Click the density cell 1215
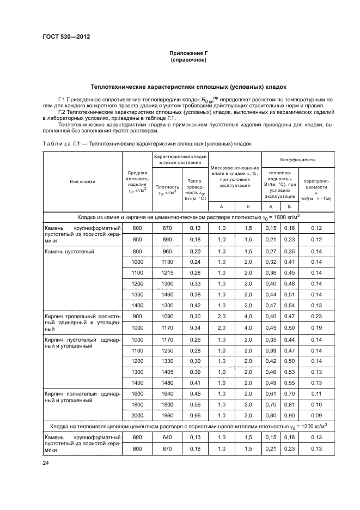(x=167, y=272)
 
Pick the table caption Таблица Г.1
(x=60, y=143)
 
